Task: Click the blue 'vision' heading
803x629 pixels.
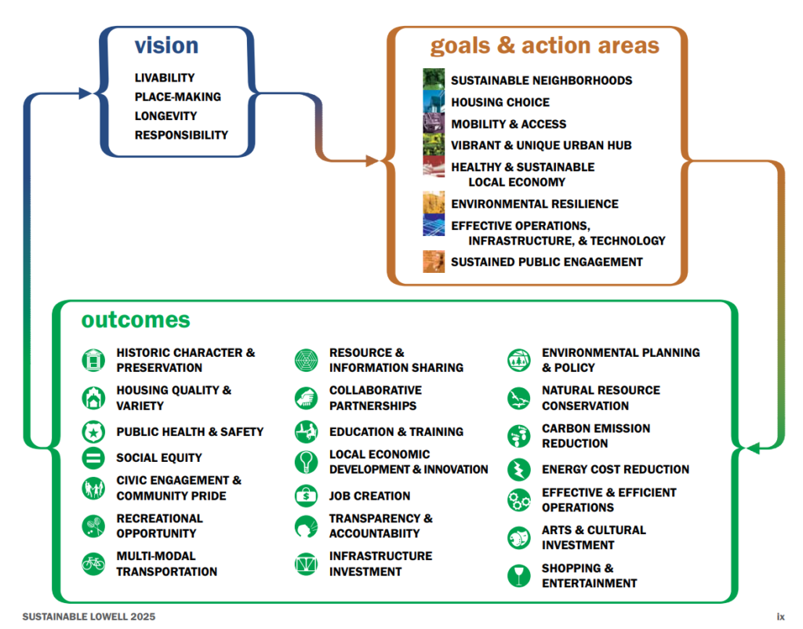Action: pos(166,45)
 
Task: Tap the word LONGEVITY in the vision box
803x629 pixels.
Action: pos(165,116)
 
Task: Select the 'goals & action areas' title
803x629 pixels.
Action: pos(544,45)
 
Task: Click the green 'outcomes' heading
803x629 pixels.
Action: pos(136,320)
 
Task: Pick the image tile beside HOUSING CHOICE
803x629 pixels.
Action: pos(434,101)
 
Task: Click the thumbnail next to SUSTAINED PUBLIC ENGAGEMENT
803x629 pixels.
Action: pos(434,261)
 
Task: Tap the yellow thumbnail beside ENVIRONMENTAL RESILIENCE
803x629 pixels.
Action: pos(434,203)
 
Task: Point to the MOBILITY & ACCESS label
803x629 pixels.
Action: pos(508,124)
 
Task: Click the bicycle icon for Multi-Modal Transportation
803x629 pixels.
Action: pos(93,563)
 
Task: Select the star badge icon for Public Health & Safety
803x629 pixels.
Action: pos(93,431)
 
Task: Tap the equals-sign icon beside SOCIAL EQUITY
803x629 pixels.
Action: pos(93,457)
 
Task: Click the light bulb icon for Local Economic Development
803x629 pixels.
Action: pos(307,461)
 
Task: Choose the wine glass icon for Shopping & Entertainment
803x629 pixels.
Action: pos(519,575)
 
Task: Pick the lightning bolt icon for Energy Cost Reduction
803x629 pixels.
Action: pos(519,469)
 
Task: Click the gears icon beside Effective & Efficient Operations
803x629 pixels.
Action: pos(519,500)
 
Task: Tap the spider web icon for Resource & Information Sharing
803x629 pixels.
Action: pos(307,359)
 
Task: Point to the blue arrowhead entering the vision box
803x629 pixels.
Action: pos(85,93)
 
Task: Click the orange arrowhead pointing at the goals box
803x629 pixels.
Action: pos(372,161)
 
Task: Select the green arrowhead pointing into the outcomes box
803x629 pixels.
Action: pos(752,448)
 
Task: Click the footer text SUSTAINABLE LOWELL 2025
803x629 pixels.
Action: pos(89,616)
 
